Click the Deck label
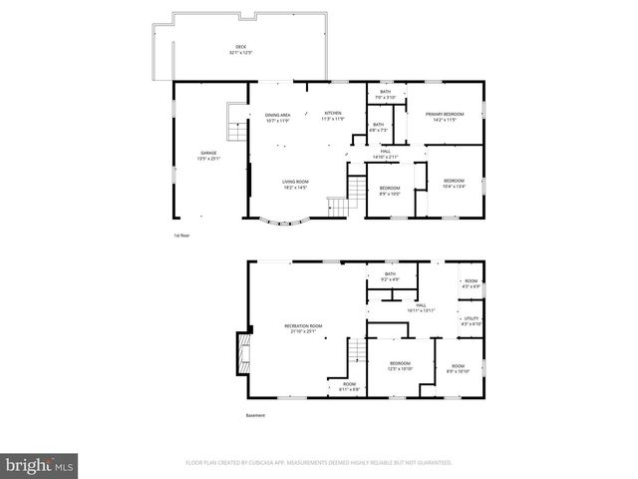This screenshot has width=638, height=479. coord(240,48)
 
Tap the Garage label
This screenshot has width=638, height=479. coord(208,155)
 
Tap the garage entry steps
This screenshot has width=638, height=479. coord(235,131)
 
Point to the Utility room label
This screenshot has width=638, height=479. coord(472,320)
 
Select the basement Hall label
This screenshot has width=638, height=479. coord(421,307)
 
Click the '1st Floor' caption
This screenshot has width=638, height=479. coord(181,236)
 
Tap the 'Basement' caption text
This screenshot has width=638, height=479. coord(257,415)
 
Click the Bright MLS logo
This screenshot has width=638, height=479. coord(40,464)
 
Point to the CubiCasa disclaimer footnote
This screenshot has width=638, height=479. coord(319,463)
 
